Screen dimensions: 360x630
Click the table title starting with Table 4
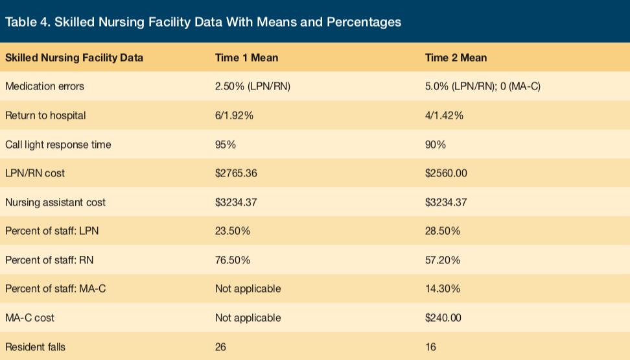coord(203,22)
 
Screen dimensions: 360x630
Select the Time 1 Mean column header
coord(246,58)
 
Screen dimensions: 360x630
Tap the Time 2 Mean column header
coord(456,58)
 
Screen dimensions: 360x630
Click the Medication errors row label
coord(45,86)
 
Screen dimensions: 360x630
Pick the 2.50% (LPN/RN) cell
coord(253,86)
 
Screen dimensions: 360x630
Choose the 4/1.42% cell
coord(444,115)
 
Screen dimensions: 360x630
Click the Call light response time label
coord(58,145)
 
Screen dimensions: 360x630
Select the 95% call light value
coord(226,145)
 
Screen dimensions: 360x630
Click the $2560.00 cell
coord(446,173)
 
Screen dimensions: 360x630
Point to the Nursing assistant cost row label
coord(56,202)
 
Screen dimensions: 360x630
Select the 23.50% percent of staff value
coord(233,231)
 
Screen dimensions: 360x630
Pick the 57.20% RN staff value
coord(443,260)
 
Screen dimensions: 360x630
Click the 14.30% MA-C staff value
coord(443,289)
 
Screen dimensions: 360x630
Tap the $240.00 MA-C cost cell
coord(443,318)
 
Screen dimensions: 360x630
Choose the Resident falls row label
coord(36,347)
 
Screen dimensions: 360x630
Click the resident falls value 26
coord(221,347)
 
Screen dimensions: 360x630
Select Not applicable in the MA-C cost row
coord(248,318)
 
